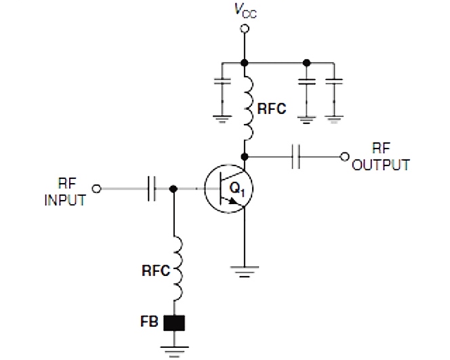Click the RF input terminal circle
pos(97,189)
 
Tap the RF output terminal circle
pos(345,157)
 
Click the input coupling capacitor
pos(150,189)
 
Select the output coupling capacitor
pos(296,157)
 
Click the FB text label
pos(150,323)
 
